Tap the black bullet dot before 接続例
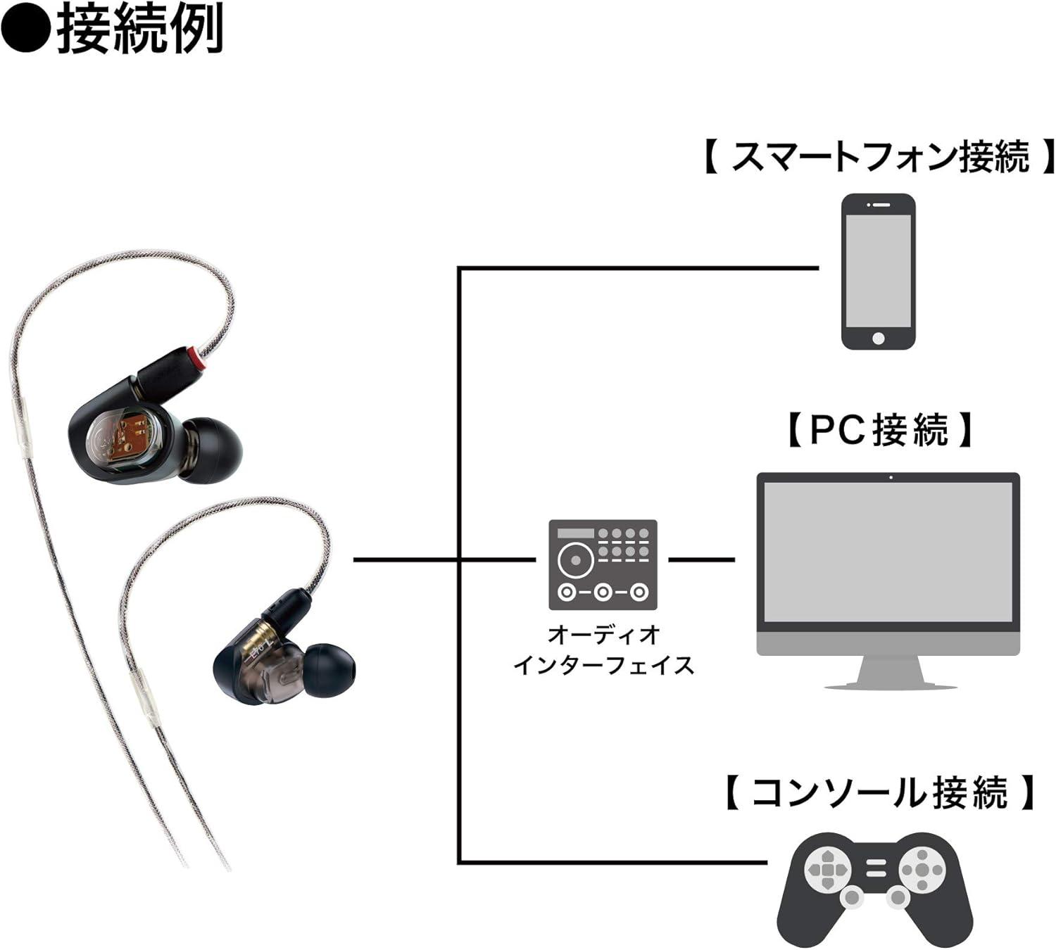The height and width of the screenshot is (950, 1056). [25, 30]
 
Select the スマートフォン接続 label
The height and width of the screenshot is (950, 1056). [879, 156]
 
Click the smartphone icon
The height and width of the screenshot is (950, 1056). [879, 272]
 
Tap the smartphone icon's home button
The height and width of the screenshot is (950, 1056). [878, 338]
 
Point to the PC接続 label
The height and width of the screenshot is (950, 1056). [879, 429]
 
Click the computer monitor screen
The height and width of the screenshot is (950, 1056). [888, 551]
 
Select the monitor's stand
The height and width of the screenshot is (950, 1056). [890, 672]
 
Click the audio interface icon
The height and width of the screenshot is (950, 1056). [603, 564]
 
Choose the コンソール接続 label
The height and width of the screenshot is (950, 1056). [879, 792]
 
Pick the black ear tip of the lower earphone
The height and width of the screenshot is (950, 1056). [329, 672]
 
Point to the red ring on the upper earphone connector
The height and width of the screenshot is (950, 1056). [202, 358]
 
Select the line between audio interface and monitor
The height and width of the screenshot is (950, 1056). [700, 559]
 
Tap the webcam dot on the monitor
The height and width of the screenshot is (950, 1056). [891, 478]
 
